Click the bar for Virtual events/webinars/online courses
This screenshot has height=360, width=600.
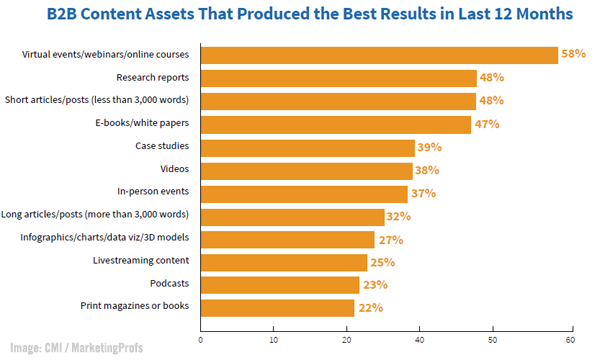tap(379, 55)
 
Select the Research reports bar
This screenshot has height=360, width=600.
tap(339, 78)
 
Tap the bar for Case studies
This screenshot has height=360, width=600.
tap(307, 147)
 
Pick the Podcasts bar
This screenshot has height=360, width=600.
tap(279, 285)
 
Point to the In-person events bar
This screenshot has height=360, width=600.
tap(304, 193)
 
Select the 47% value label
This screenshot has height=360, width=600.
tap(487, 125)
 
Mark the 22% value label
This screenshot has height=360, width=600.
tap(371, 308)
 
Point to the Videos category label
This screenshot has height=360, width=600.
tap(174, 170)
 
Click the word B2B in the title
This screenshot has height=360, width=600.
tap(65, 15)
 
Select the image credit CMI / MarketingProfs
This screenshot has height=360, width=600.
tap(78, 347)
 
